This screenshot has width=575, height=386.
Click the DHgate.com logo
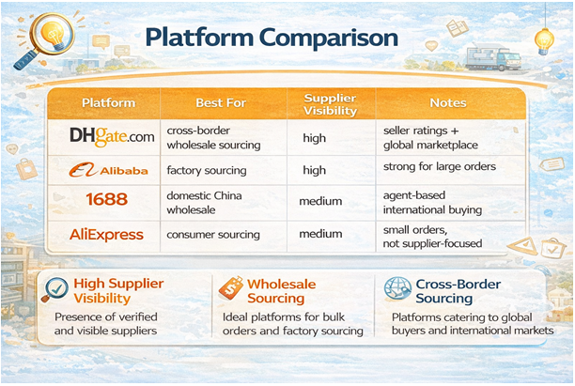tap(112, 137)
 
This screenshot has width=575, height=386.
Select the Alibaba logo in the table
tap(108, 170)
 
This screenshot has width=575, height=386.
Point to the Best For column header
tap(221, 102)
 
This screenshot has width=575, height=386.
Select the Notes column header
tap(447, 102)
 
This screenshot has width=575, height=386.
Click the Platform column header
tap(108, 102)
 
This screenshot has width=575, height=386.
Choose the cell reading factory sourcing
tap(206, 170)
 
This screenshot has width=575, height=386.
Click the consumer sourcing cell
tap(211, 234)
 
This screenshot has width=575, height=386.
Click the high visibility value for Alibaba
tap(315, 170)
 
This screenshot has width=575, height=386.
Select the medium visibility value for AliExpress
tap(320, 234)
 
